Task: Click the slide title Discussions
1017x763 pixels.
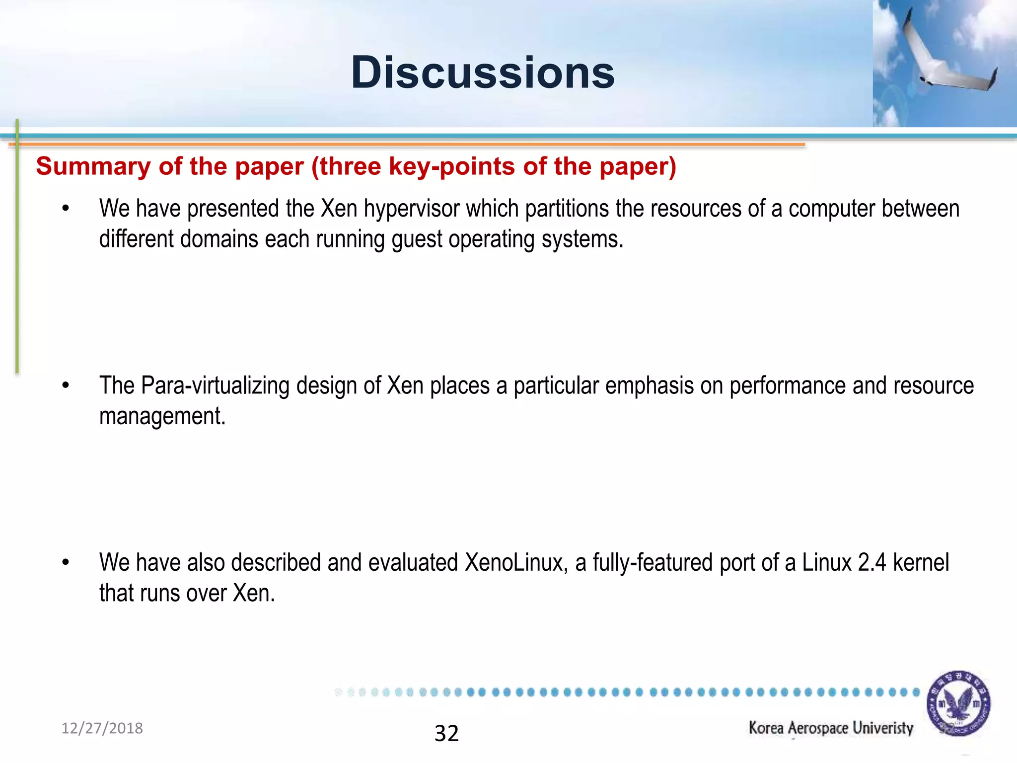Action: (x=483, y=73)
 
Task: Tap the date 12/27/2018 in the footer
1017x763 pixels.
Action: (x=102, y=728)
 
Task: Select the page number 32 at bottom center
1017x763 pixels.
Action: (x=446, y=734)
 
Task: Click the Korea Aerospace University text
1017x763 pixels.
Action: (x=831, y=728)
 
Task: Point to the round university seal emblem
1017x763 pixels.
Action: (x=958, y=703)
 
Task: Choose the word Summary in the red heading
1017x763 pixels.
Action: (x=93, y=166)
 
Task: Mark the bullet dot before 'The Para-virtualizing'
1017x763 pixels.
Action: (x=66, y=385)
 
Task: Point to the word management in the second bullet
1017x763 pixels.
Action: (x=162, y=416)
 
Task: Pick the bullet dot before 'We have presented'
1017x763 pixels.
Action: (x=66, y=209)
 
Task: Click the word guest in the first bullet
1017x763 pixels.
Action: (x=417, y=239)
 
